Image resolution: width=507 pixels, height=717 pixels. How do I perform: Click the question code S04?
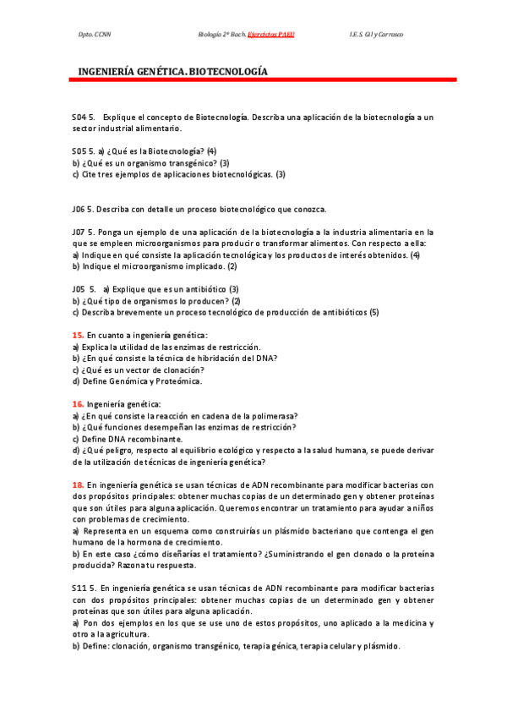(x=79, y=117)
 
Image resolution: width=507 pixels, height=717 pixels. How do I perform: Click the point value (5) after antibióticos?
(x=374, y=312)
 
